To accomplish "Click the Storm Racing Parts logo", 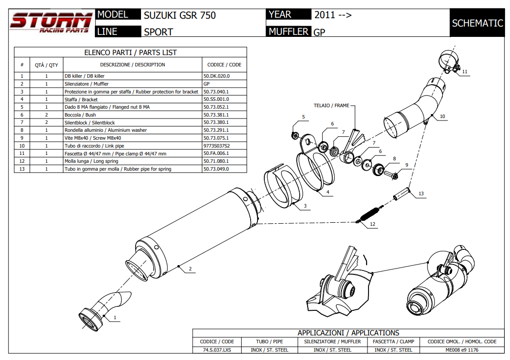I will [x=51, y=23].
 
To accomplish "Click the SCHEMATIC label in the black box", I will [x=477, y=23].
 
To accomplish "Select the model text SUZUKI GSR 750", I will [x=179, y=15].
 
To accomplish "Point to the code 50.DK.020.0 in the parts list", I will [x=216, y=76].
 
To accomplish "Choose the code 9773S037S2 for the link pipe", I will [x=216, y=146].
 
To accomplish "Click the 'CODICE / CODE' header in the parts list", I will [x=224, y=64].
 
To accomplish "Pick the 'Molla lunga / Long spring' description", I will [x=91, y=161].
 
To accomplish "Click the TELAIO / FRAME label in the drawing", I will [x=332, y=105].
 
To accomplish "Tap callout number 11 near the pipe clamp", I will [x=465, y=72].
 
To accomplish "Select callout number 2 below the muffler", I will [x=190, y=269].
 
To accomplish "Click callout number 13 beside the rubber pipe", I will [x=421, y=194].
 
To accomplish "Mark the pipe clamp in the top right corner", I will [x=448, y=61].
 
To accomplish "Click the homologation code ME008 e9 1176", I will [x=462, y=350].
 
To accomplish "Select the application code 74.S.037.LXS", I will [x=217, y=350].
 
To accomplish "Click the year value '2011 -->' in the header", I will [x=333, y=15].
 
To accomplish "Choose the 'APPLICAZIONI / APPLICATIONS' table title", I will [x=348, y=333].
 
